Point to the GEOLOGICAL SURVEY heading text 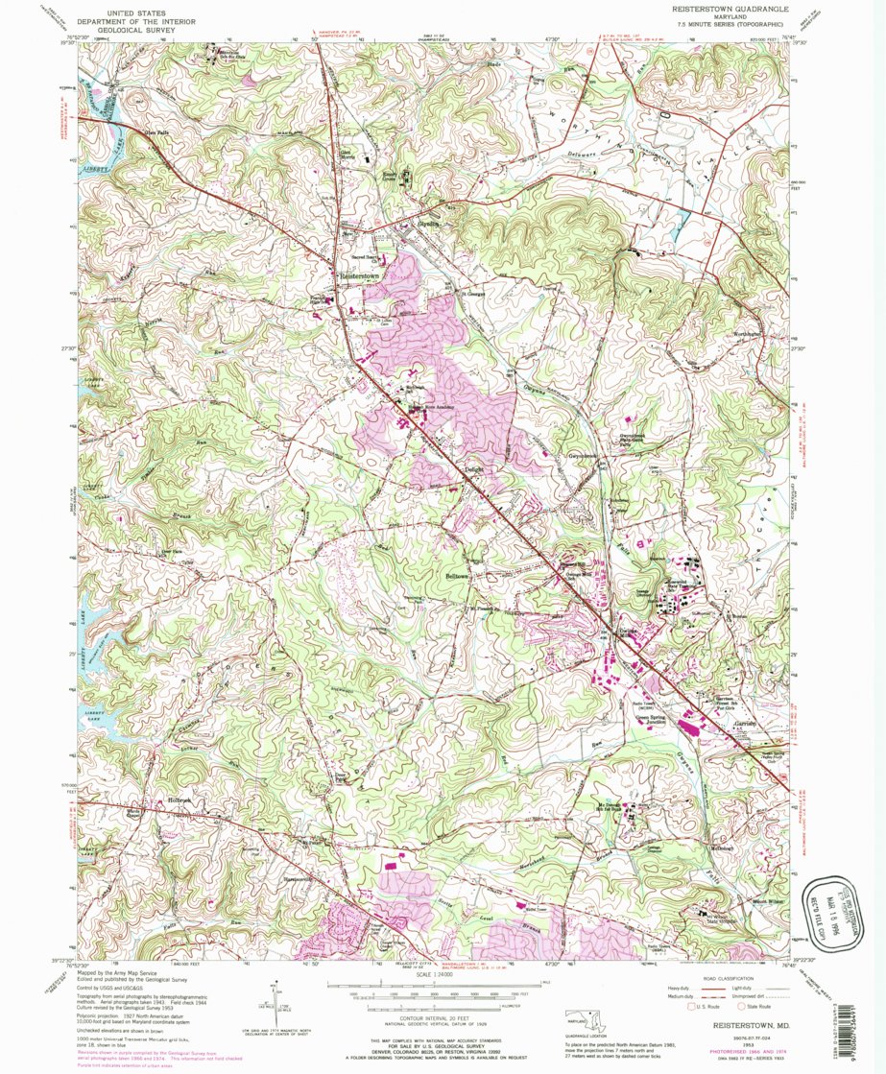tap(153, 30)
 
